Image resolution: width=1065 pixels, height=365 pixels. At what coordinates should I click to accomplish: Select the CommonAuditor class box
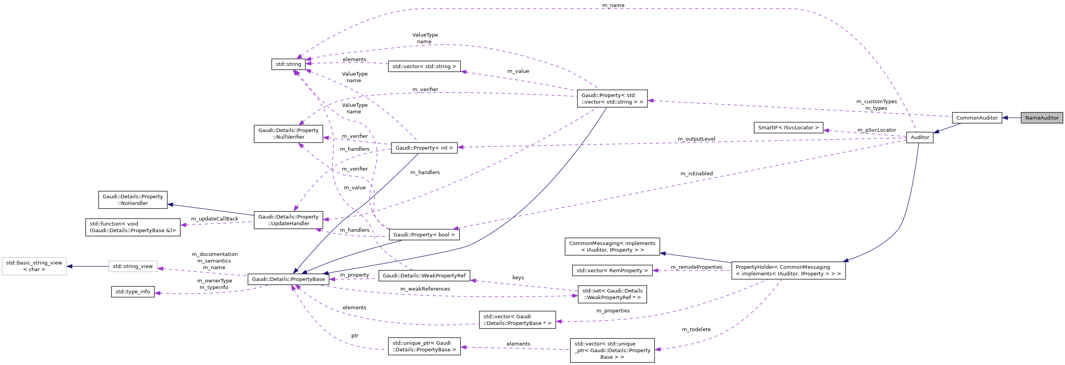click(x=977, y=118)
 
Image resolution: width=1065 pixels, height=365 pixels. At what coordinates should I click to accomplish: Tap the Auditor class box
click(x=919, y=137)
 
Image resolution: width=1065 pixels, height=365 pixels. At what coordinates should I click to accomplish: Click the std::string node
click(x=288, y=64)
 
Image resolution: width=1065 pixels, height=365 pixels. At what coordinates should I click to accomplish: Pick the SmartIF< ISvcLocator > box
click(x=788, y=127)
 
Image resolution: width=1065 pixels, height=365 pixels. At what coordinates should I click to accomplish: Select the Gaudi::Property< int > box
click(x=424, y=148)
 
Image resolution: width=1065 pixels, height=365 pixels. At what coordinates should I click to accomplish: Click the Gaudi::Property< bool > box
click(x=424, y=235)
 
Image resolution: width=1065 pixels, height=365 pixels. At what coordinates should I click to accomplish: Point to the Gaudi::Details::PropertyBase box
click(x=288, y=279)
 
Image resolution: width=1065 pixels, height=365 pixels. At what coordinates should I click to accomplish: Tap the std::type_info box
click(x=133, y=291)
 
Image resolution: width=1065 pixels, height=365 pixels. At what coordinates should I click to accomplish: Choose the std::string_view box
click(x=133, y=266)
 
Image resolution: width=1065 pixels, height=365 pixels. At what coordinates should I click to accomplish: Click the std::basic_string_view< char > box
click(x=34, y=266)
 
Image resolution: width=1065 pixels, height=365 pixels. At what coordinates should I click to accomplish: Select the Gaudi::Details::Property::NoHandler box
click(x=133, y=199)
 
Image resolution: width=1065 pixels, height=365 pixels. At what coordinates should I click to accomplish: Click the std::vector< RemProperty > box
click(x=612, y=270)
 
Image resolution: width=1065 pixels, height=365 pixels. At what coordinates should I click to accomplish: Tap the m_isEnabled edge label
click(x=696, y=173)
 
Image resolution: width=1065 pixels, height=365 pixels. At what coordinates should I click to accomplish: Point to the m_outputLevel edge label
click(x=696, y=139)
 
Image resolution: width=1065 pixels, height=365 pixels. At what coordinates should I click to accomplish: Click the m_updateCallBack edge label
click(x=214, y=219)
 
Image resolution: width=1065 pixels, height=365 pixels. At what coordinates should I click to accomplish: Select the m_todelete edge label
click(x=696, y=330)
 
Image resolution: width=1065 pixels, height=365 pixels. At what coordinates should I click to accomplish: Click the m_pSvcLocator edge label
click(x=876, y=130)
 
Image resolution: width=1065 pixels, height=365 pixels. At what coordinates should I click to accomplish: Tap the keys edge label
click(x=518, y=277)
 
